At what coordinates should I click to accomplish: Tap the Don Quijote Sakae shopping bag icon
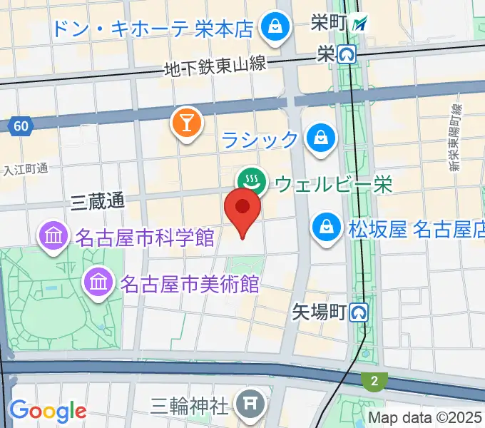tap(272, 29)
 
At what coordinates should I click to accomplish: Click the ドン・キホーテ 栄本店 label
tap(153, 29)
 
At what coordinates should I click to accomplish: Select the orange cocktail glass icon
tap(186, 123)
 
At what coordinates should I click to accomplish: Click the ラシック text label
tap(260, 138)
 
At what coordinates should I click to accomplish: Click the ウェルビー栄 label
tap(334, 185)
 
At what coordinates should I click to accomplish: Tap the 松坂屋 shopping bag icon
tap(326, 228)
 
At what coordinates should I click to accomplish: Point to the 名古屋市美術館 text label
tap(190, 284)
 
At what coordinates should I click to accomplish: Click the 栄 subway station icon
tap(347, 53)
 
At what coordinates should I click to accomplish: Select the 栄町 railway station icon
tap(361, 23)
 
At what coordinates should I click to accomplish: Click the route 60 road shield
tap(21, 127)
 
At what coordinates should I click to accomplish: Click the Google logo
tap(47, 411)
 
